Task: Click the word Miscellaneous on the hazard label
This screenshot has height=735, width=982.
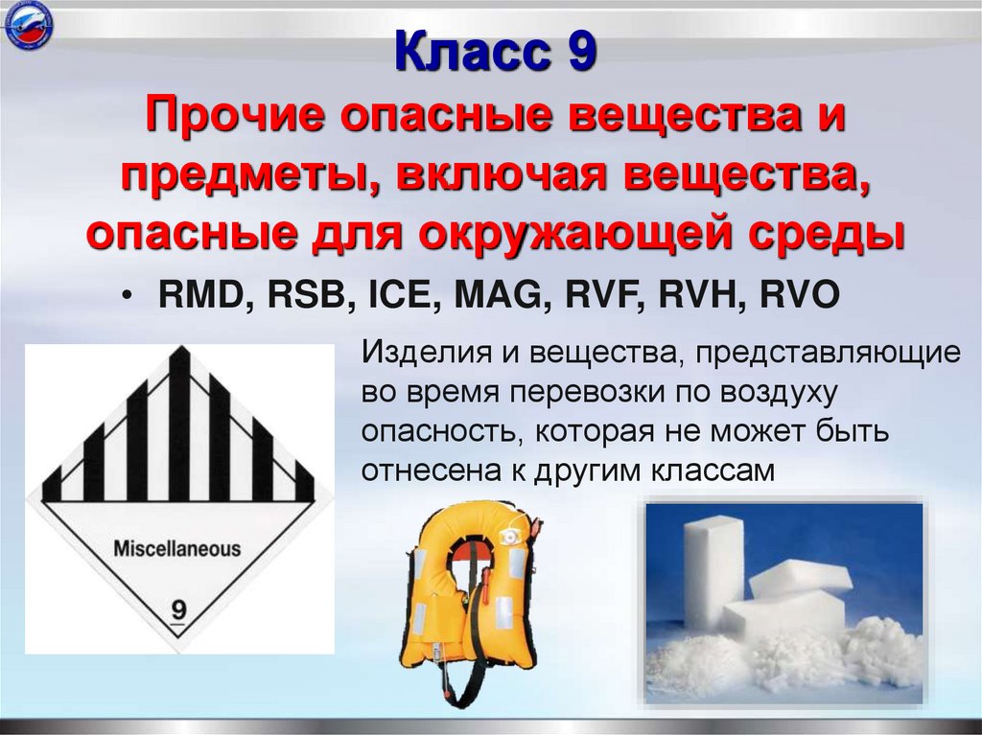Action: click(177, 549)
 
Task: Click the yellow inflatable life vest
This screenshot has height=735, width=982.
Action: click(467, 585)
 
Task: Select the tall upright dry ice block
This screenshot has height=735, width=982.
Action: click(713, 565)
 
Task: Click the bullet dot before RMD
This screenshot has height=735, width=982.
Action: click(127, 296)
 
